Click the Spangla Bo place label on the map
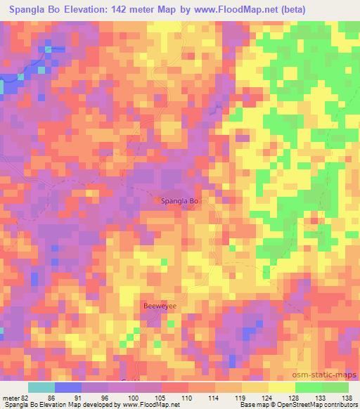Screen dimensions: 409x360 click(181, 202)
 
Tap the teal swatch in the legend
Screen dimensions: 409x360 click(41, 387)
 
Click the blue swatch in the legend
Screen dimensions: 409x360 click(67, 387)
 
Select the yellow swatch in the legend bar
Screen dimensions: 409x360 click(281, 387)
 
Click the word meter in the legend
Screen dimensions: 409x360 click(11, 397)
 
